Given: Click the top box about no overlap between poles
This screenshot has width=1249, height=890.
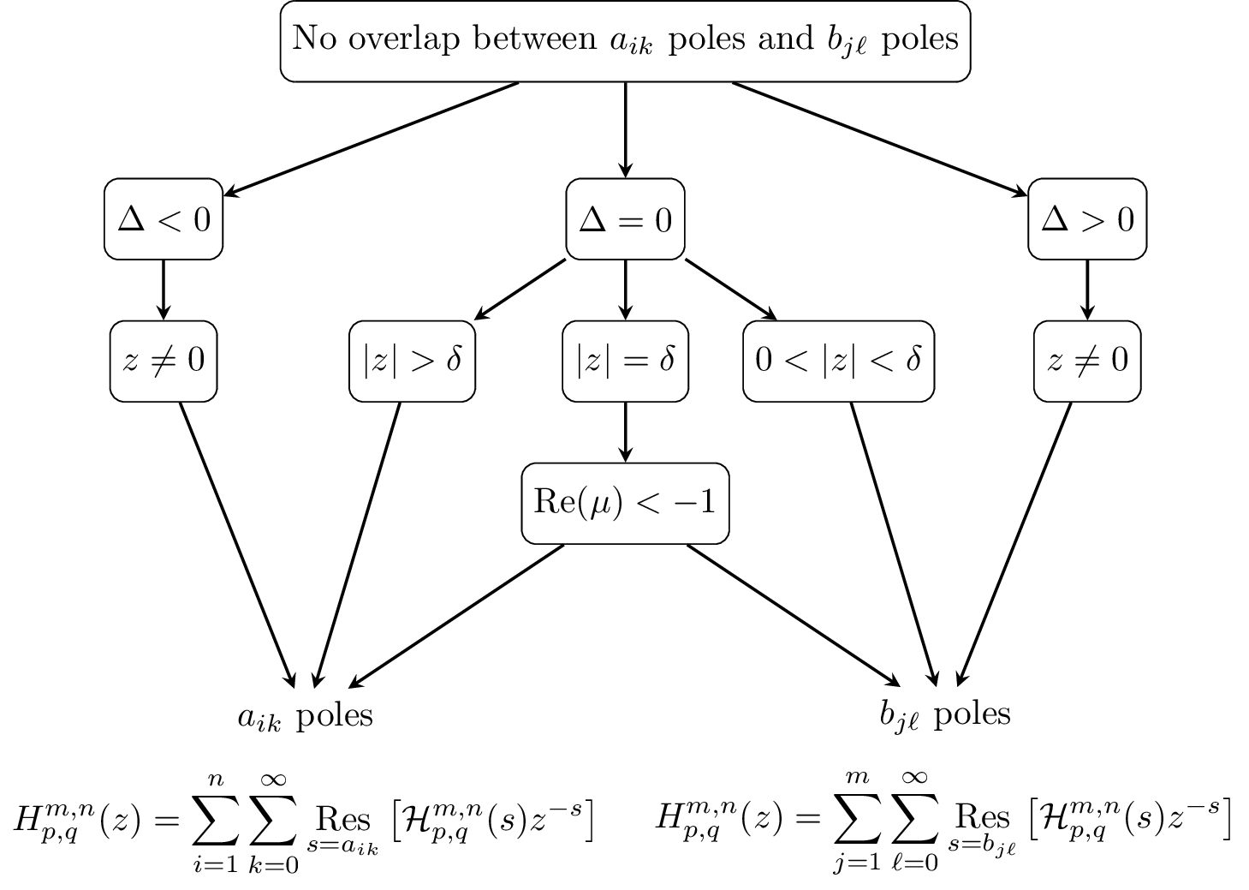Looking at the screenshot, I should [625, 41].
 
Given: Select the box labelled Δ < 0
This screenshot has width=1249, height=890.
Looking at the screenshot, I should [164, 219].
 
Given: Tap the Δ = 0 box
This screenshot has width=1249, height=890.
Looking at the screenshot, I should [625, 219].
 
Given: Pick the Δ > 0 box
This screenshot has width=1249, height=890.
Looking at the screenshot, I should [1087, 219].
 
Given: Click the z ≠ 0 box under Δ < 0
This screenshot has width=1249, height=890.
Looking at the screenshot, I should [164, 361].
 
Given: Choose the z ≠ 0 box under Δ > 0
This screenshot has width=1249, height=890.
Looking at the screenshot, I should [1087, 361].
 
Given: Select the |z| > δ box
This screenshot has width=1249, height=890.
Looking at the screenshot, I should [412, 361].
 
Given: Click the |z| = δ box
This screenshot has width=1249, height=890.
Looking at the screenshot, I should [625, 361].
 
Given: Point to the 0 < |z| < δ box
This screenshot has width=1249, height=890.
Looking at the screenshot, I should [838, 361].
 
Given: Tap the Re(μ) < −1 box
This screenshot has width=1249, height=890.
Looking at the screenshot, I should [625, 503].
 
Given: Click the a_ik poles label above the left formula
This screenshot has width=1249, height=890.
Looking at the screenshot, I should [306, 715].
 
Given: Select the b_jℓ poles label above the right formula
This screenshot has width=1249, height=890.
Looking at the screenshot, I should [945, 715].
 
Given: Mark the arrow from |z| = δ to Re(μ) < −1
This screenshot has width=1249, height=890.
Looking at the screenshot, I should [625, 432].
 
